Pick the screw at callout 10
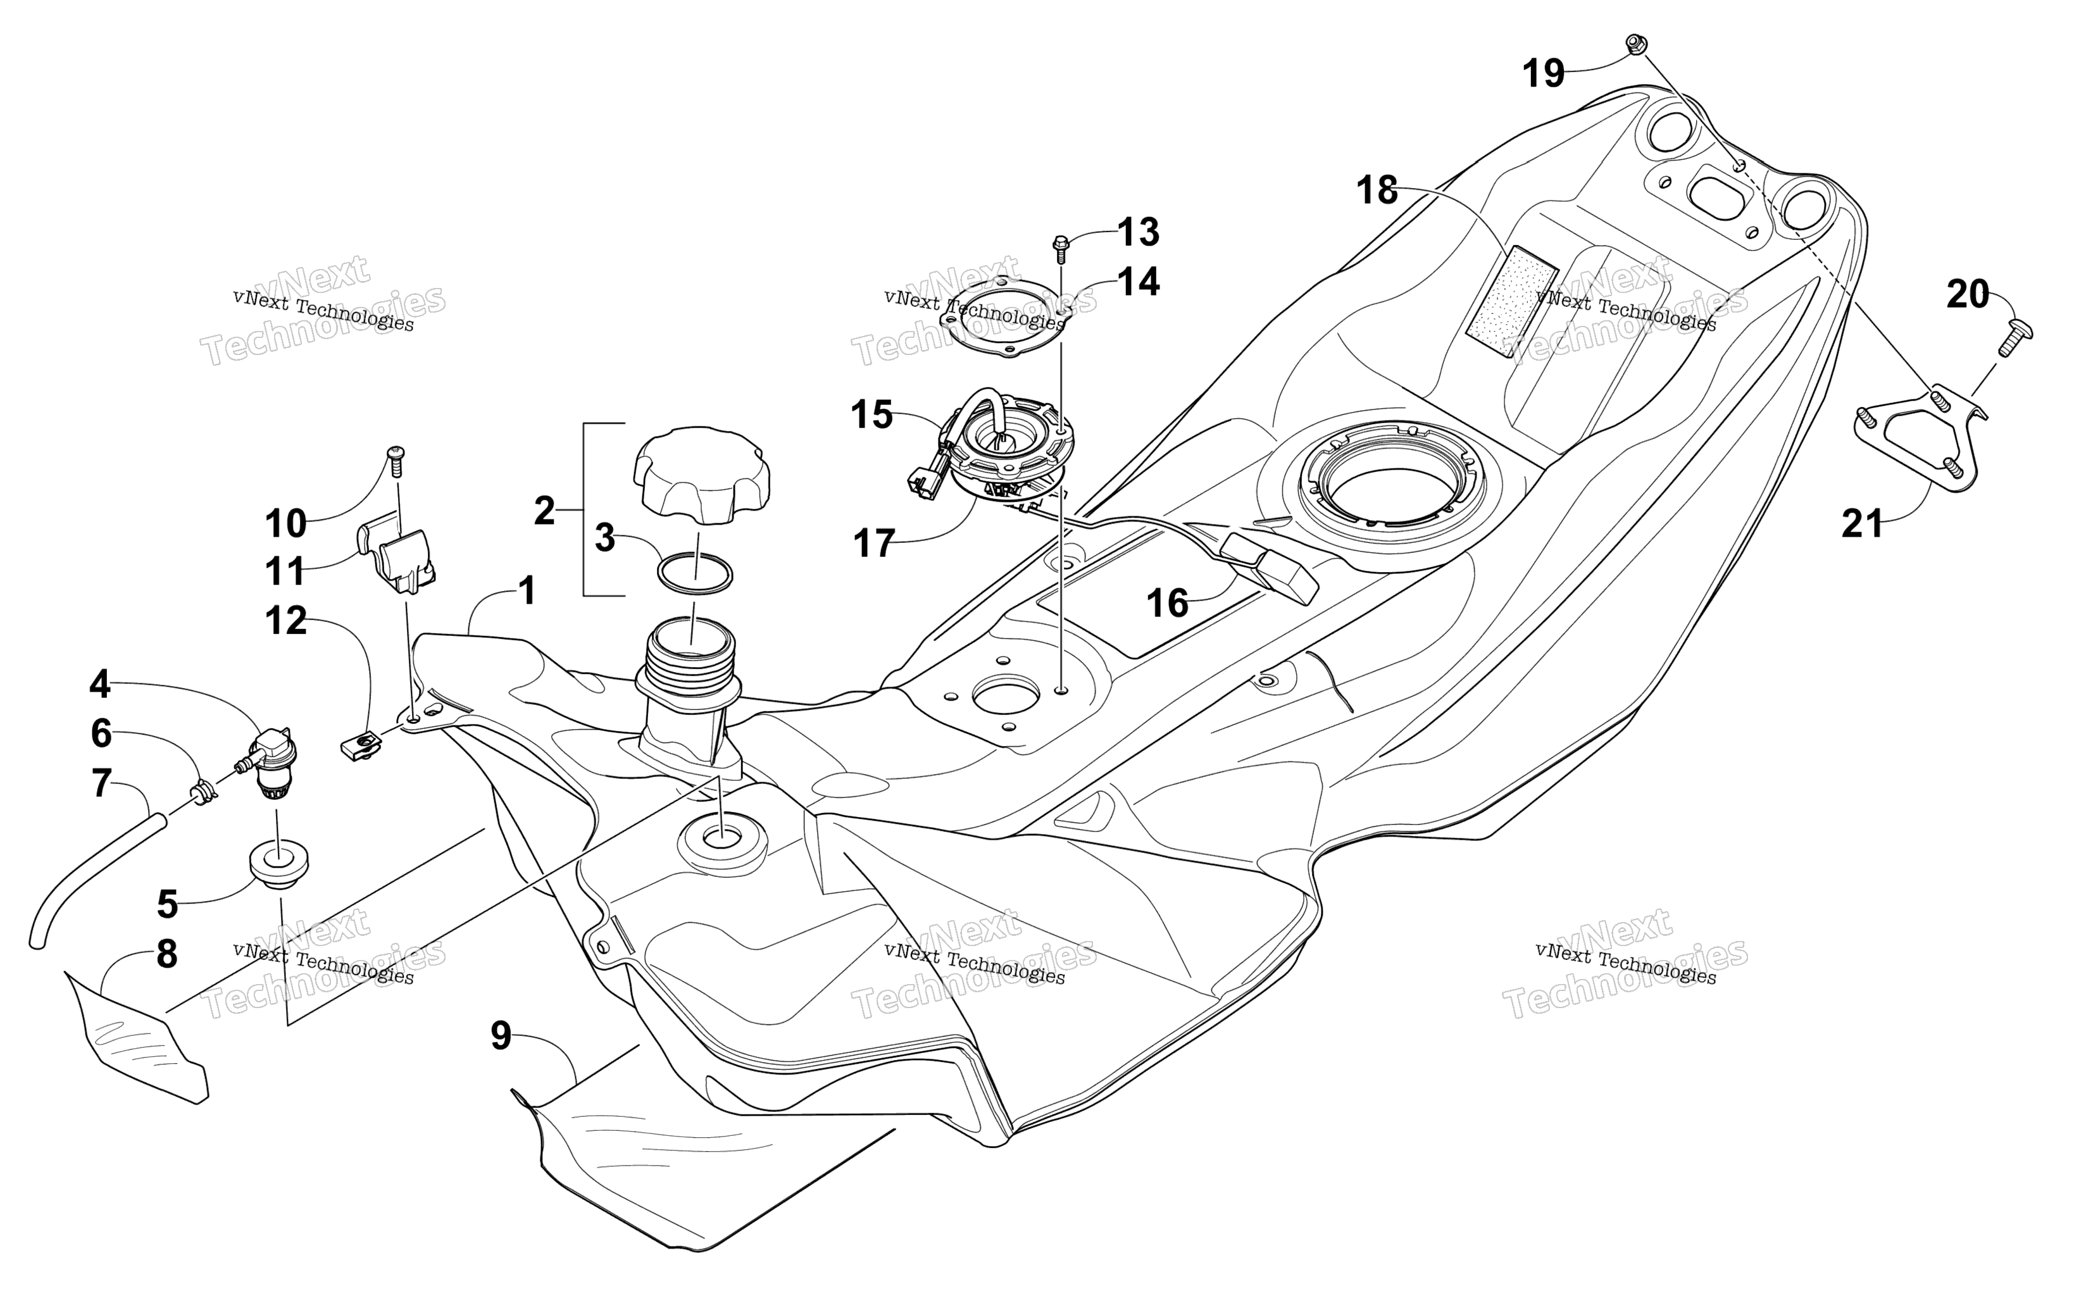tap(395, 460)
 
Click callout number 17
tap(874, 544)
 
